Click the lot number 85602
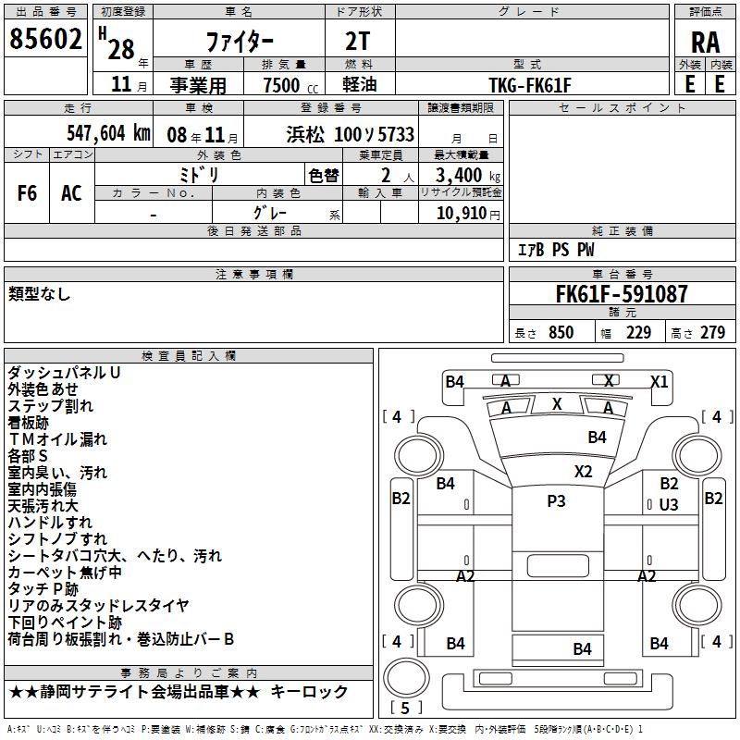click(45, 39)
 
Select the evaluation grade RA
click(705, 43)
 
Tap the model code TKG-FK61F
click(530, 85)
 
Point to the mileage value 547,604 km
click(108, 133)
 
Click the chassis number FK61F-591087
click(622, 294)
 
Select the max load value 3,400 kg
click(467, 175)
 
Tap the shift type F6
click(27, 192)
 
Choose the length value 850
click(561, 332)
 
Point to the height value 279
click(712, 332)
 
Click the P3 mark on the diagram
click(556, 500)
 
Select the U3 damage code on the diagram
click(669, 504)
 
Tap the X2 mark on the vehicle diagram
click(584, 472)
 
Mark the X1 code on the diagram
click(660, 381)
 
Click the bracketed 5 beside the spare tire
click(405, 708)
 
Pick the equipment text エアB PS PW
click(556, 250)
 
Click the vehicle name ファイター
click(240, 42)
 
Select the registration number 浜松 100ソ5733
click(351, 134)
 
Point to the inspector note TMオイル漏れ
click(57, 439)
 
